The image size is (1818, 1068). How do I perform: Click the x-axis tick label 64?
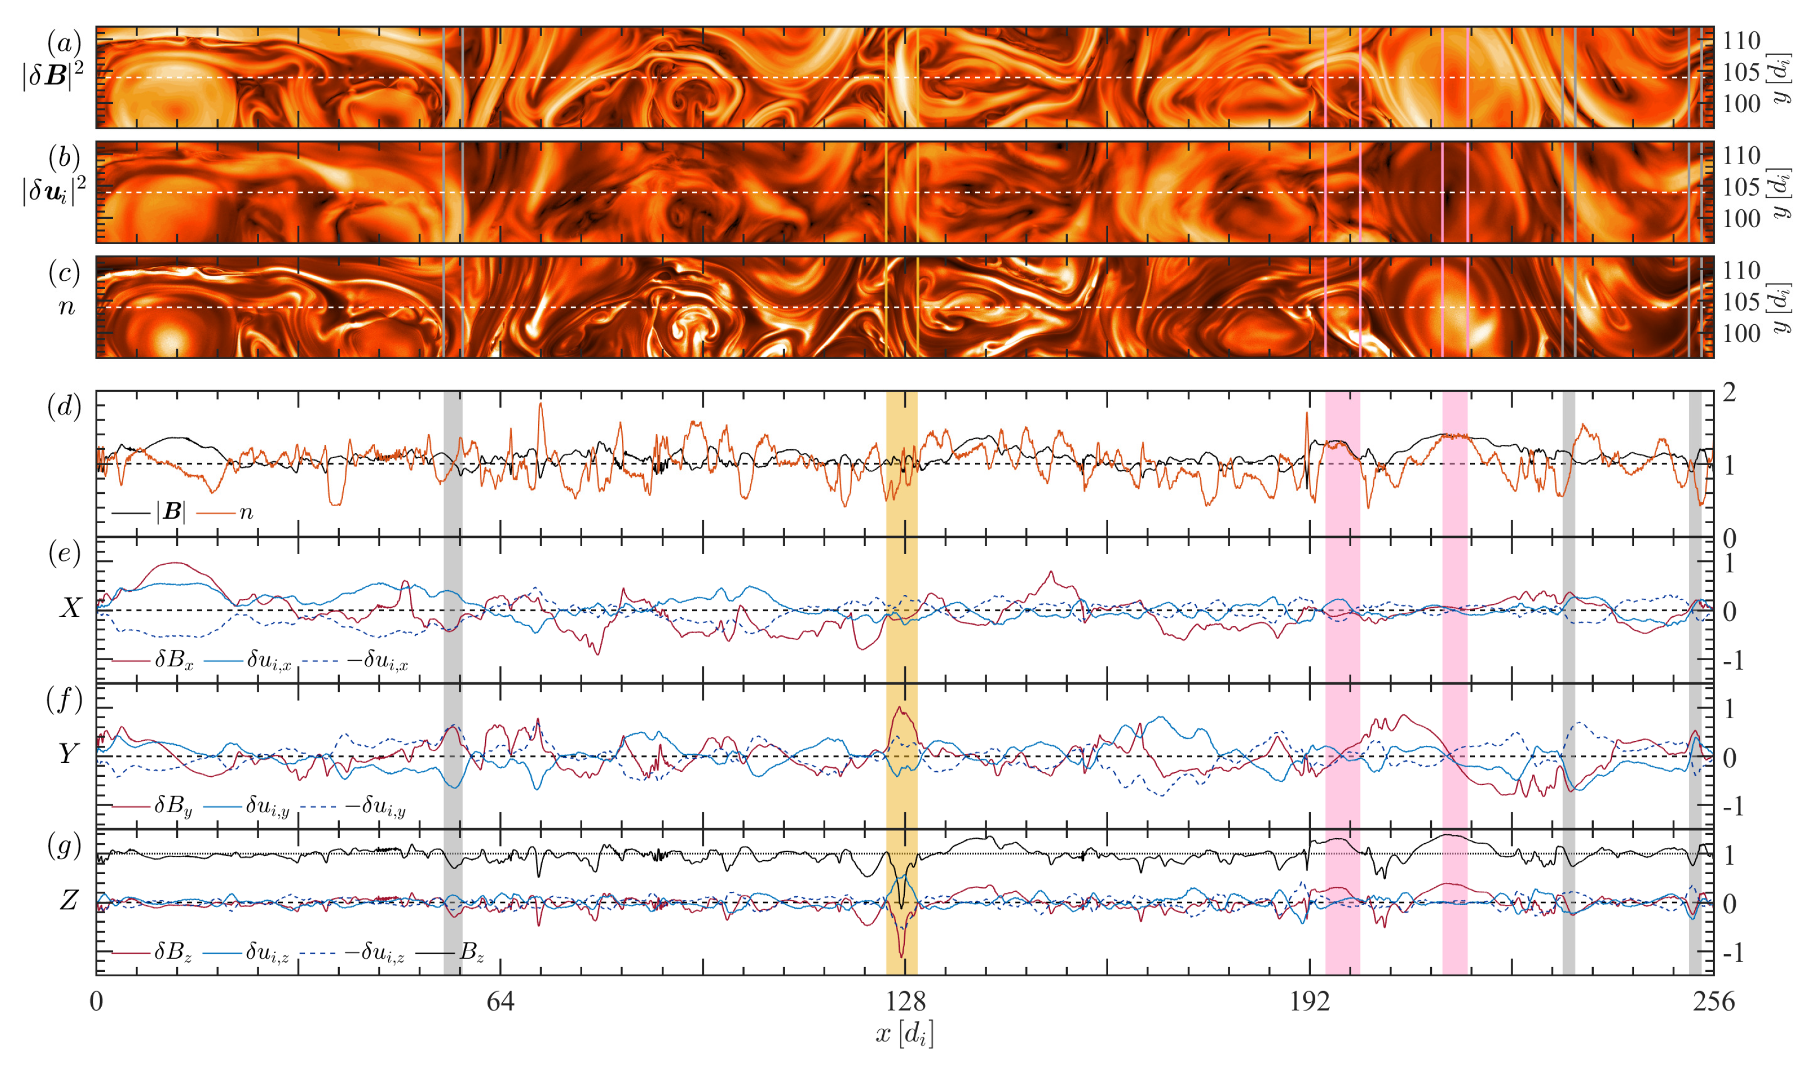[x=500, y=1002]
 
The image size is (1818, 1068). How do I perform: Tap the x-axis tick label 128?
[x=905, y=1002]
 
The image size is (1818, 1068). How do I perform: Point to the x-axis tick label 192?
[x=1309, y=1002]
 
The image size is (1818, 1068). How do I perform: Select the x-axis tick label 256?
[x=1714, y=1002]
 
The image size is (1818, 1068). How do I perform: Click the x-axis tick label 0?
[x=97, y=1002]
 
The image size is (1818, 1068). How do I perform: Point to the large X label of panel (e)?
[x=70, y=608]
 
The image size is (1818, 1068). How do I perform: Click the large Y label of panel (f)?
[x=68, y=754]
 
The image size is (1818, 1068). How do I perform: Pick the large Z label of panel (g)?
[x=68, y=901]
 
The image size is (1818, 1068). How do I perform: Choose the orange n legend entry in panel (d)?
[x=246, y=512]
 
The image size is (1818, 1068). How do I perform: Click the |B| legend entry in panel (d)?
[x=171, y=512]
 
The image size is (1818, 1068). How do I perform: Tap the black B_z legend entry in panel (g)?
[x=471, y=953]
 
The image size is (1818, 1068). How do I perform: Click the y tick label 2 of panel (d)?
[x=1729, y=394]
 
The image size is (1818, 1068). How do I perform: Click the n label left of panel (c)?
[x=66, y=307]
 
